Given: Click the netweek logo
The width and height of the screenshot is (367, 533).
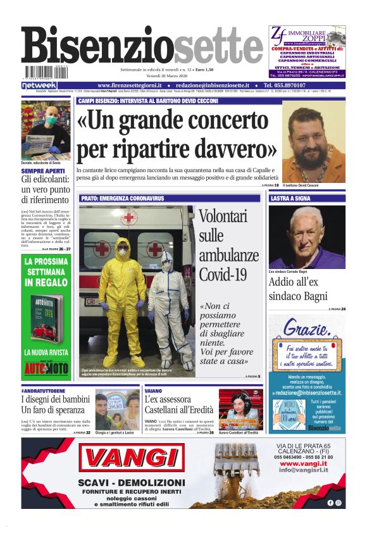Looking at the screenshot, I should tap(39, 85).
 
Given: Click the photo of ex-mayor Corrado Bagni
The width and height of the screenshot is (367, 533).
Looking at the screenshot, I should tap(307, 237).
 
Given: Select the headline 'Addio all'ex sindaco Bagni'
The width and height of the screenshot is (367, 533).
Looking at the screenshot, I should tap(298, 289).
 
